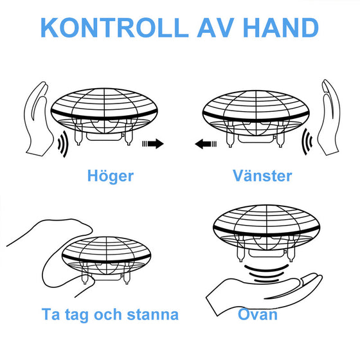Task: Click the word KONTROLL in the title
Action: tap(114, 28)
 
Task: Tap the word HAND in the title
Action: tap(281, 28)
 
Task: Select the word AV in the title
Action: tap(215, 28)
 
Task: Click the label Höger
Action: tap(111, 176)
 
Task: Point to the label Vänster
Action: tap(262, 176)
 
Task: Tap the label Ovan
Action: tap(258, 314)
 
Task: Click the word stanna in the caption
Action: tap(153, 314)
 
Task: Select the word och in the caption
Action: tap(108, 314)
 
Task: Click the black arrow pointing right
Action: tap(153, 144)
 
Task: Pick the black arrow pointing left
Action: tap(206, 144)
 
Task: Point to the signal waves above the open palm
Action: tap(266, 273)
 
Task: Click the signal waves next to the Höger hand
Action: tap(64, 144)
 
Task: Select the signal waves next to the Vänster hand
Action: tap(307, 141)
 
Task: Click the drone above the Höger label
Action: tap(104, 116)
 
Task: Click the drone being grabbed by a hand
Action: tap(106, 260)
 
